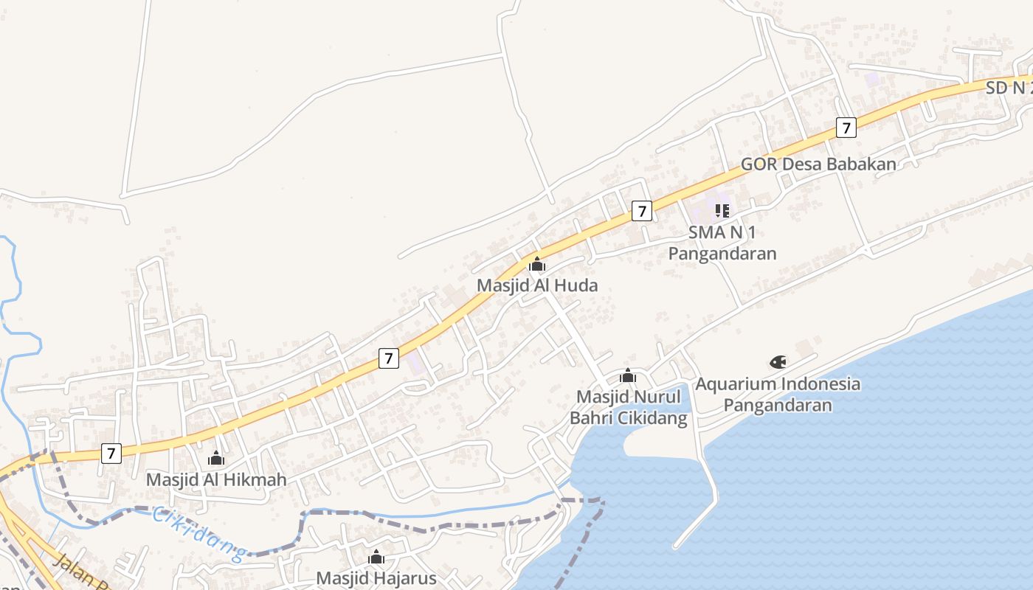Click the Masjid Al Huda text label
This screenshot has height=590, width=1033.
tap(537, 285)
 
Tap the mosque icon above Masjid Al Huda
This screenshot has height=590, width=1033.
tap(537, 264)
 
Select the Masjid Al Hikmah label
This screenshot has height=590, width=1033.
tap(216, 479)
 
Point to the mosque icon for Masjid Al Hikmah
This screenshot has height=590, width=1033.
tap(216, 459)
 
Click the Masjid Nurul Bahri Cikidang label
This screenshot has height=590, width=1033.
tap(628, 407)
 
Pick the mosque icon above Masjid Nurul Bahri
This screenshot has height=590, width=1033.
tap(628, 376)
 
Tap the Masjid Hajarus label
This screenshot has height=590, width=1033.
tap(376, 577)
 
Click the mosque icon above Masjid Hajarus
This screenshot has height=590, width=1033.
tap(376, 557)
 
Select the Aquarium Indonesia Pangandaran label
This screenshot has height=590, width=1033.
tap(778, 394)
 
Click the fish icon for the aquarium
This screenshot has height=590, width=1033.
tap(778, 362)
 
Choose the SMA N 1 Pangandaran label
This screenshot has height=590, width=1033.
tap(722, 243)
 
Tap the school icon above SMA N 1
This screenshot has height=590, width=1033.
tap(722, 211)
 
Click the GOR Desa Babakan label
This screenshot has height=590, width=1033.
tap(818, 164)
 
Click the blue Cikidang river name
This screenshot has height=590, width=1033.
tap(198, 534)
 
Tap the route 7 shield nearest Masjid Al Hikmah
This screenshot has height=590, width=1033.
tap(111, 453)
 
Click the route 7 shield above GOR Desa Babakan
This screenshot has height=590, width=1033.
tap(846, 128)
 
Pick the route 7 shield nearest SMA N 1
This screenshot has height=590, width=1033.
tap(642, 211)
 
